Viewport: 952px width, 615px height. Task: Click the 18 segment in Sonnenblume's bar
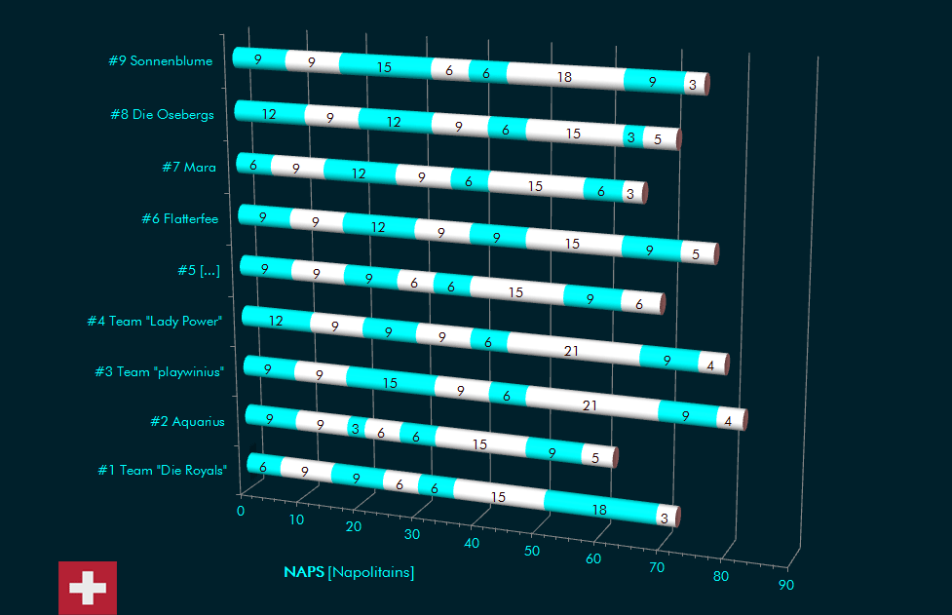coord(564,77)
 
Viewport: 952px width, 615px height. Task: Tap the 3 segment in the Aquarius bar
coord(356,429)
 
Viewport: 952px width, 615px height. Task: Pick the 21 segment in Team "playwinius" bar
coord(590,404)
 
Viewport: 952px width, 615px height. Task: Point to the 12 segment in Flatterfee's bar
coord(378,227)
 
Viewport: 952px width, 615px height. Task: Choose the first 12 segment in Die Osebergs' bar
coord(269,114)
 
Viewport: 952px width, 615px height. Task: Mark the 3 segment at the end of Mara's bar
coord(630,194)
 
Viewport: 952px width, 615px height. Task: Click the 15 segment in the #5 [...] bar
coord(515,291)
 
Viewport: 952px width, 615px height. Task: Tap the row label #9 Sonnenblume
coord(161,61)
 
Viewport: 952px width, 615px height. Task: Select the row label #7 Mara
coord(189,168)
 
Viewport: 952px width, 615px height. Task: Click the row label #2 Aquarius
coord(187,422)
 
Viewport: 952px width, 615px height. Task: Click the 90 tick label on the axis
coord(785,586)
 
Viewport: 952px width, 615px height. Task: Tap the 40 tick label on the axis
coord(472,543)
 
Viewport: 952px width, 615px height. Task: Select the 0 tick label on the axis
coord(241,510)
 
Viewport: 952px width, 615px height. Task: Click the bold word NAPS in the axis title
coord(304,573)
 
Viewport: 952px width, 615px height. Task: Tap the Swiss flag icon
coord(88,588)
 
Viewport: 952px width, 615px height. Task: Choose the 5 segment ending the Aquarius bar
coord(595,456)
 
